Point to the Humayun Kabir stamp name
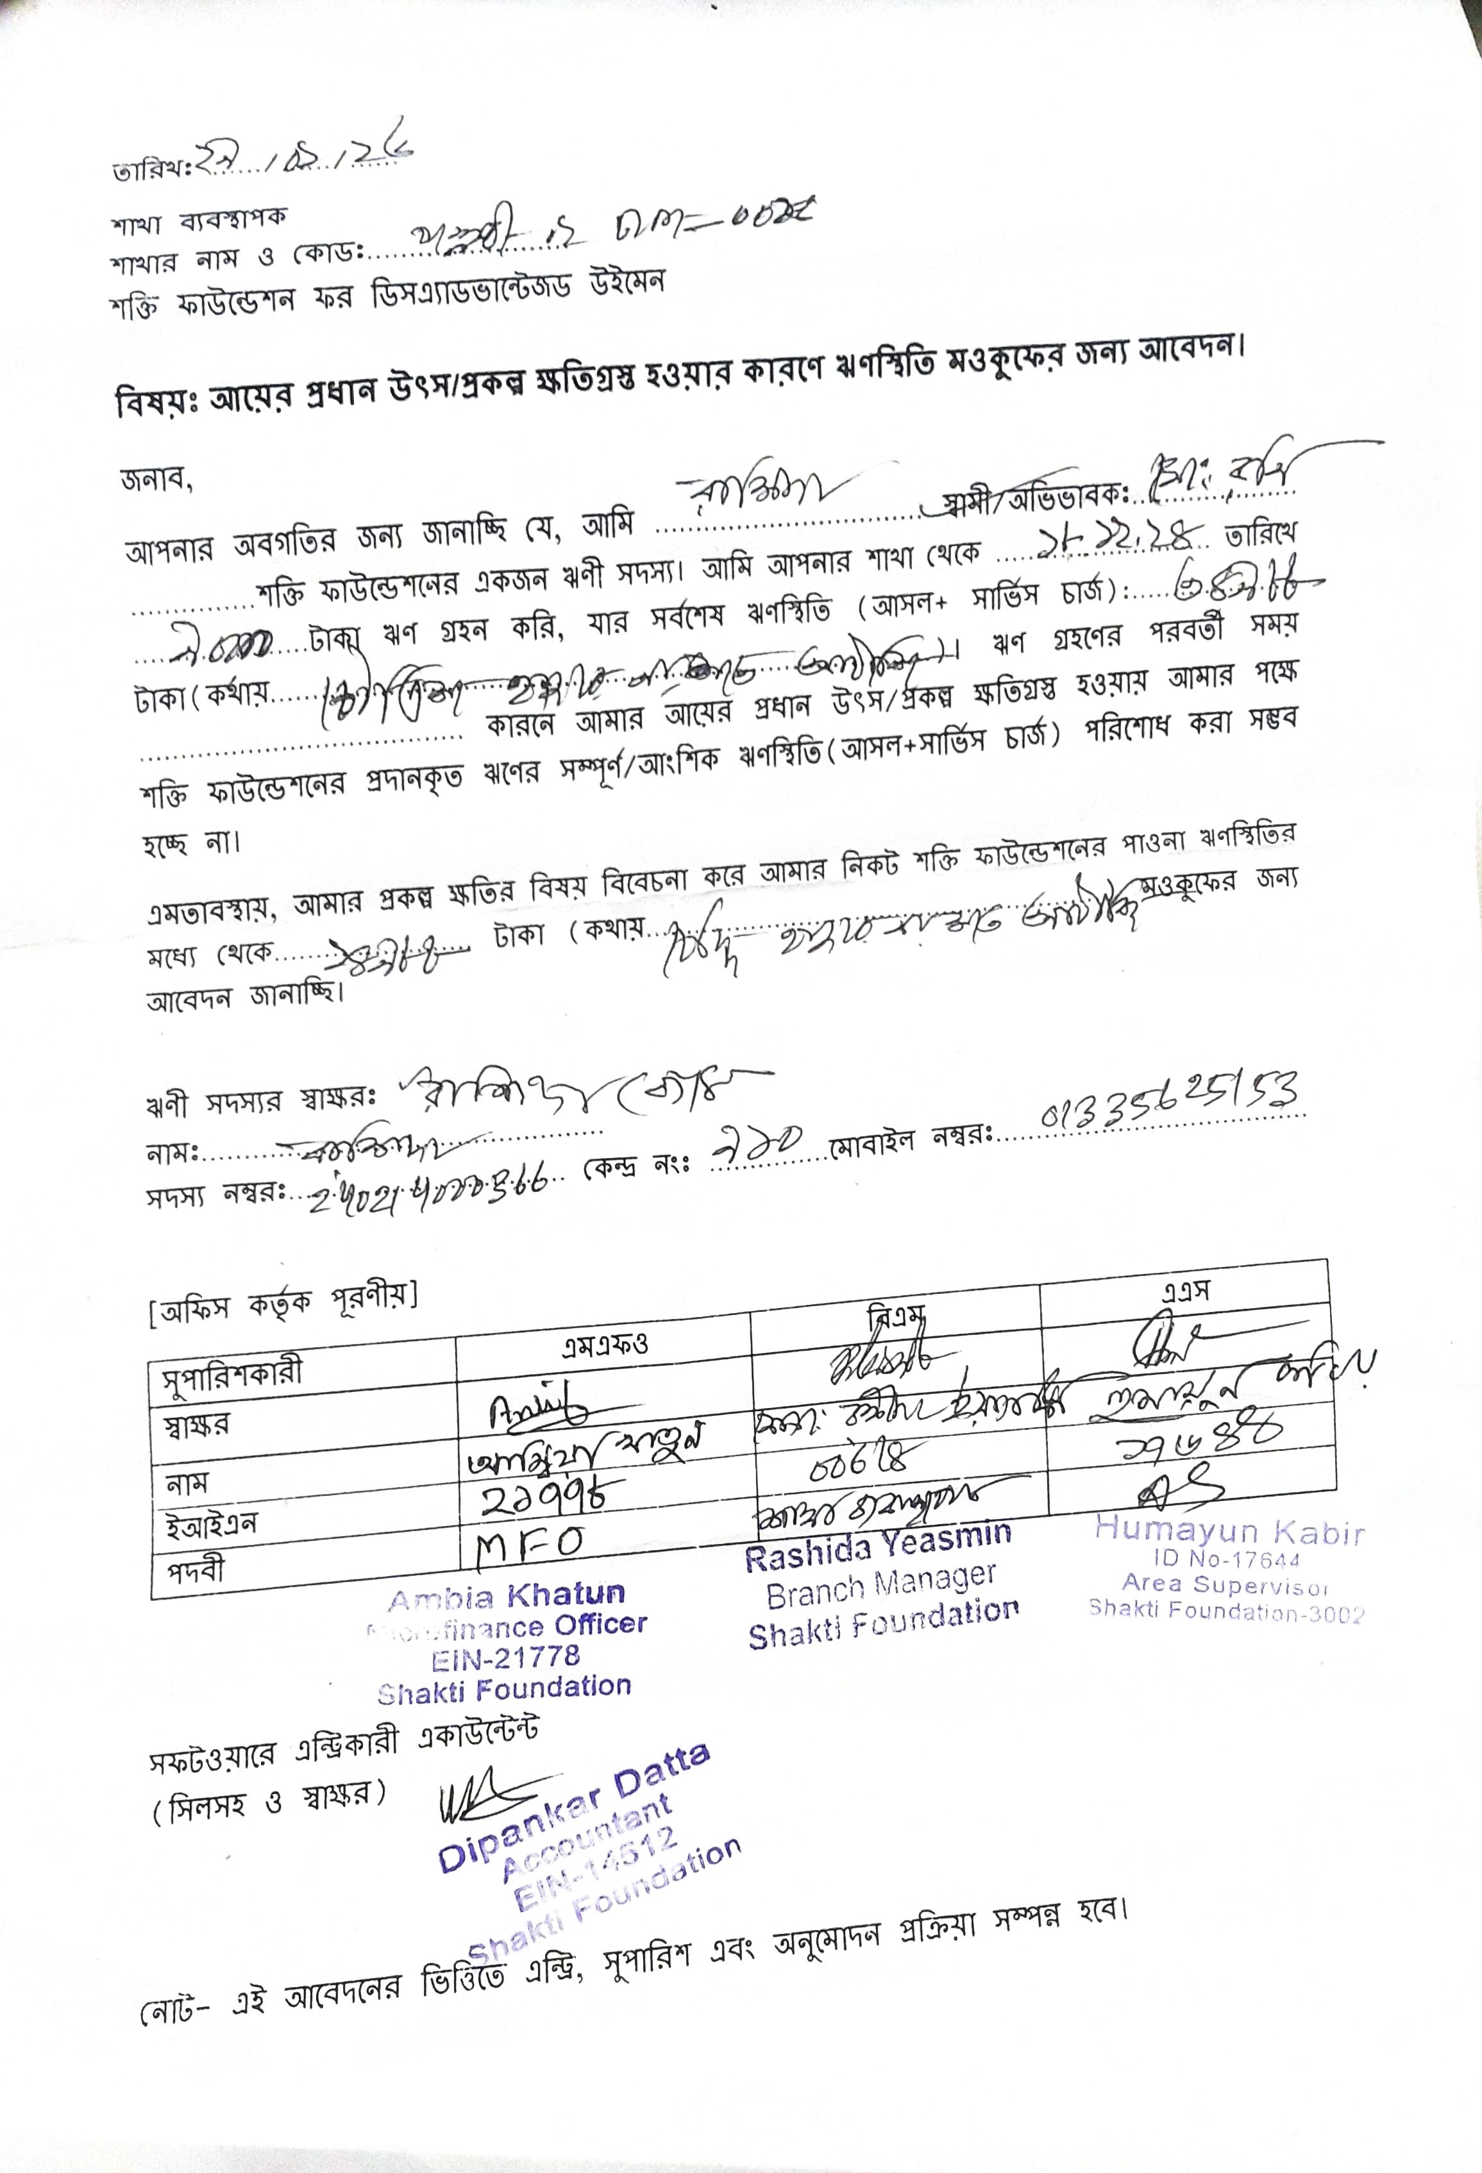pyautogui.click(x=1229, y=1530)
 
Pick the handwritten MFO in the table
pyautogui.click(x=532, y=1538)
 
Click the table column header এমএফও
pyautogui.click(x=604, y=1345)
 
